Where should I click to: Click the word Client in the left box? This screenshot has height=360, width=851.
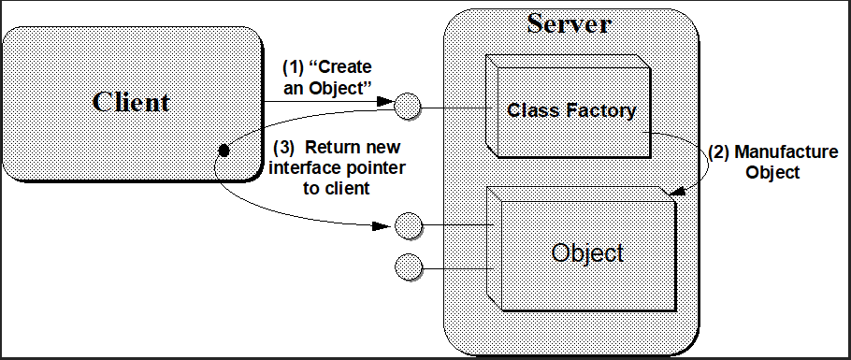tap(131, 101)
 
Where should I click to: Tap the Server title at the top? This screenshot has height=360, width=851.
tap(569, 22)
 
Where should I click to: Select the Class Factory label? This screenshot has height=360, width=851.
tap(571, 110)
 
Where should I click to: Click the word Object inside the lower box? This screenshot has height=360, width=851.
tap(586, 252)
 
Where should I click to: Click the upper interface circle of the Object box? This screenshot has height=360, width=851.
tap(409, 225)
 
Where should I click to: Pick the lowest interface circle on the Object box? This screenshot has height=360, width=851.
tap(409, 266)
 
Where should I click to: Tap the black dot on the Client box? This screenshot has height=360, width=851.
tap(224, 150)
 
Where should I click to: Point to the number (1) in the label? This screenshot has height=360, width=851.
tap(293, 67)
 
